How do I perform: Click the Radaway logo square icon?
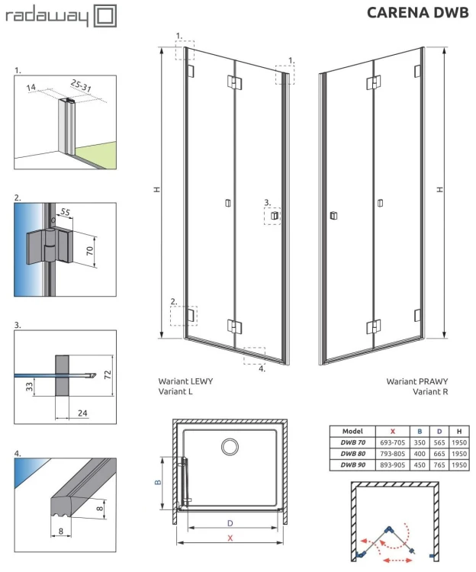pyautogui.click(x=105, y=15)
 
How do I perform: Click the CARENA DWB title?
pyautogui.click(x=416, y=12)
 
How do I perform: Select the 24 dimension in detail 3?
pyautogui.click(x=81, y=414)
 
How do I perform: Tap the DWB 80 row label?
pyautogui.click(x=353, y=453)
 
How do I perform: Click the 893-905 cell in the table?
pyautogui.click(x=392, y=464)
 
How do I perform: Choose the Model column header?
pyautogui.click(x=353, y=431)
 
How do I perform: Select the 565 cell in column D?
pyautogui.click(x=439, y=442)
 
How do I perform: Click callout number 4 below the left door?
pyautogui.click(x=262, y=368)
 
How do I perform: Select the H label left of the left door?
pyautogui.click(x=156, y=188)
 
